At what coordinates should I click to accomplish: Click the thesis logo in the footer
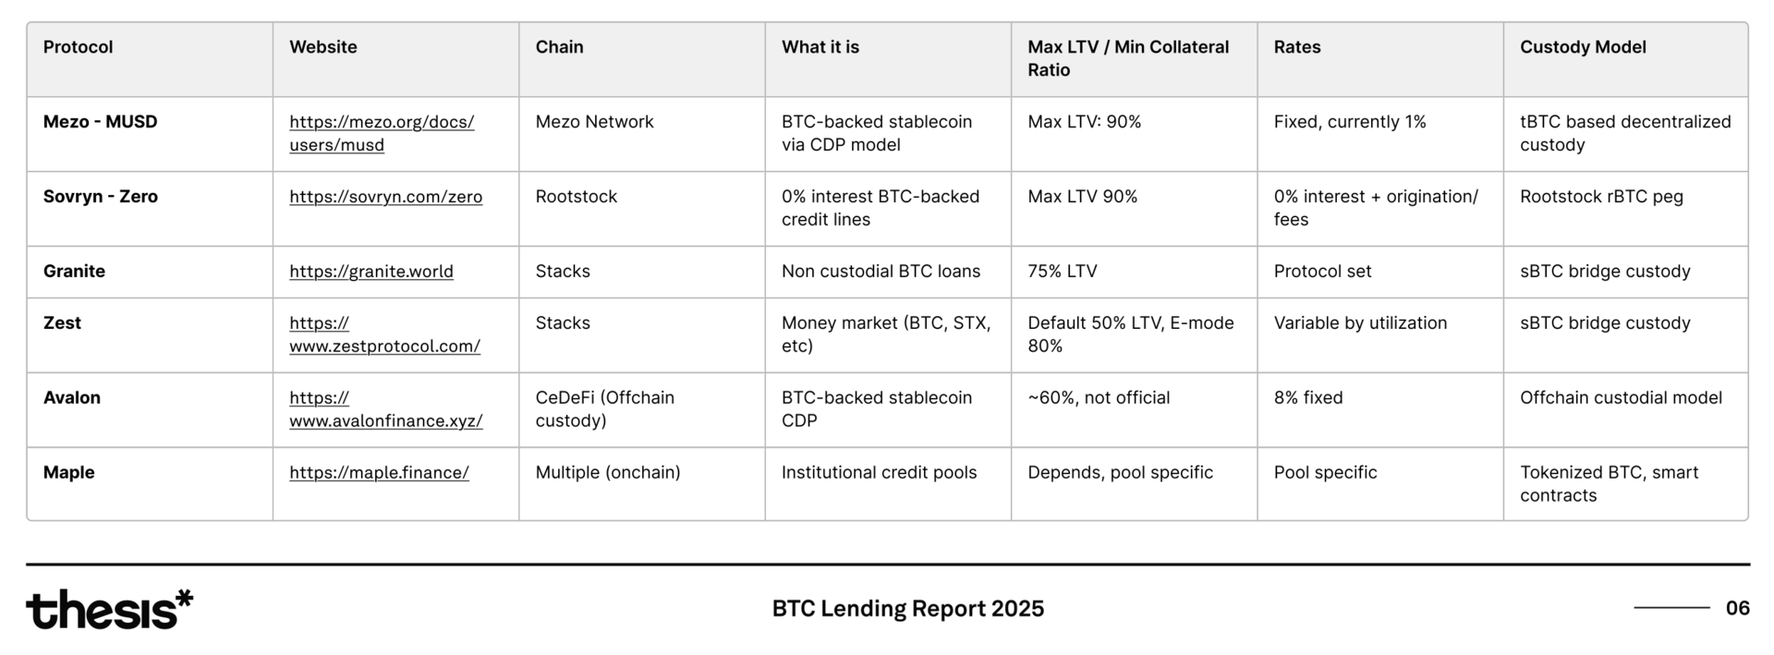[109, 609]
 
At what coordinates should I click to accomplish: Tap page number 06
[1737, 608]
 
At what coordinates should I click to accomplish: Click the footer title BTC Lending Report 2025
[908, 608]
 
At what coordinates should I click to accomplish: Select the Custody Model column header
[1583, 47]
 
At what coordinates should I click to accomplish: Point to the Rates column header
[1297, 47]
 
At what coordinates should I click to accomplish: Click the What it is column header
[820, 47]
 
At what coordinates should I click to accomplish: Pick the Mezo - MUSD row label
[101, 122]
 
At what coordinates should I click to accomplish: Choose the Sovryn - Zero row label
[101, 197]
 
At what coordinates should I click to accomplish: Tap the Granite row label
[74, 272]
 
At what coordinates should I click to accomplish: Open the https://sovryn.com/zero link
[385, 197]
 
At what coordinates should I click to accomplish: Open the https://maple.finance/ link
[379, 473]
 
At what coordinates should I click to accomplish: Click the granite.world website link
[371, 272]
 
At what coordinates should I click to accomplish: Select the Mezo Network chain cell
[594, 122]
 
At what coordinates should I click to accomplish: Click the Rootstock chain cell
[577, 197]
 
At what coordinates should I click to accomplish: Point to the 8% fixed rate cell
[1308, 398]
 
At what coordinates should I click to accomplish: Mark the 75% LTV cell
[1063, 272]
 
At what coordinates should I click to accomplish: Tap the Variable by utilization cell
[1360, 323]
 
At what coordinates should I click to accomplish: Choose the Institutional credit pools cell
[879, 473]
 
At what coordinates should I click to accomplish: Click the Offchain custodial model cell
[1621, 398]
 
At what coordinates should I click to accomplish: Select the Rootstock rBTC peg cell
[1601, 197]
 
